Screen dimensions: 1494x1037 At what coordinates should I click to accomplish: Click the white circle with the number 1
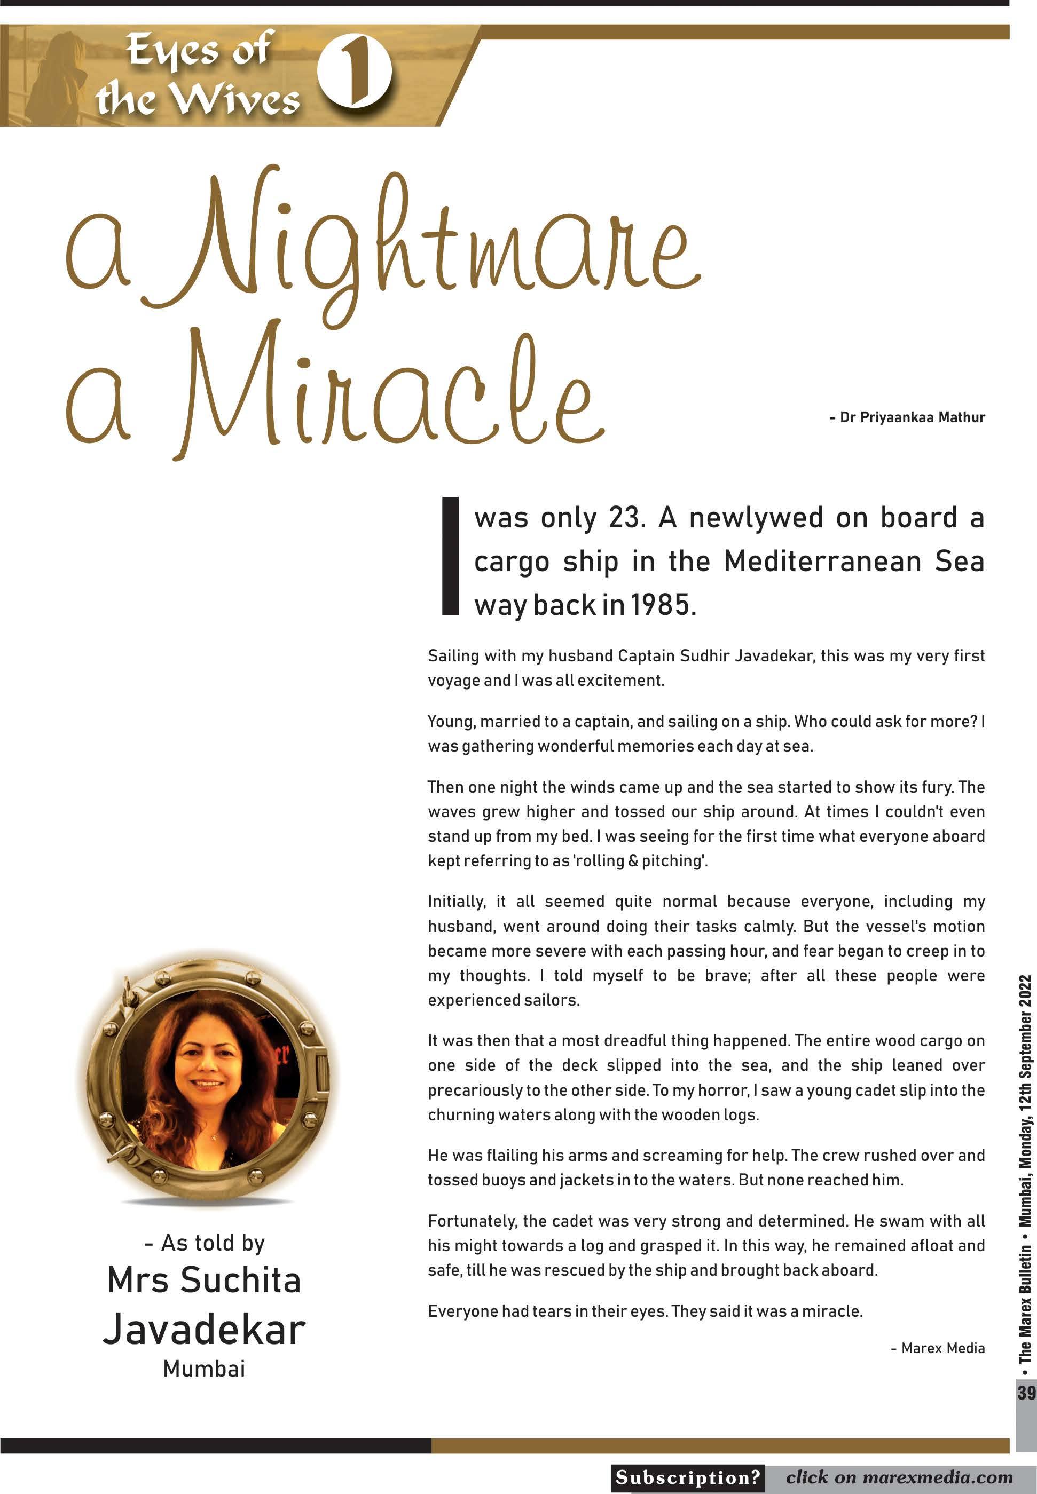coord(354,72)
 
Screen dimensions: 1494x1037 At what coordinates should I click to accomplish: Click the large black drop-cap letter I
coord(450,556)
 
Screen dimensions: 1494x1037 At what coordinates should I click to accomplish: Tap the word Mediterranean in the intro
coord(822,562)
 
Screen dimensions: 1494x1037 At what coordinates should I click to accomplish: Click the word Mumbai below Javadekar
coord(204,1369)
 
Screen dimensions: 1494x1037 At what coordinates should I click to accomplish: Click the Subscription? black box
coord(687,1478)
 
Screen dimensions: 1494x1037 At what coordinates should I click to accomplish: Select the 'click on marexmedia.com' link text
coord(899,1478)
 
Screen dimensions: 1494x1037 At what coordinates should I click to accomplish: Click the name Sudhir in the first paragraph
coord(705,656)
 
